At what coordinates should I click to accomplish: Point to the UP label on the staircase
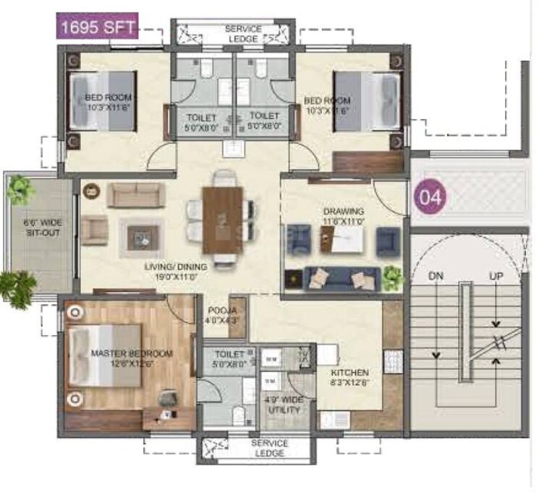496,276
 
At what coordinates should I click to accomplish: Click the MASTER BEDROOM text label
132,358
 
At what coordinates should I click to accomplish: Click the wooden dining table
222,220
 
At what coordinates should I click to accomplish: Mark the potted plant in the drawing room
391,275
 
